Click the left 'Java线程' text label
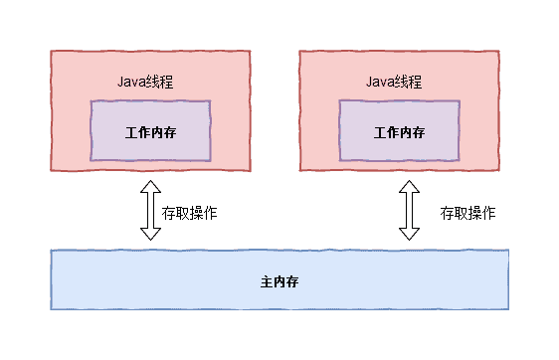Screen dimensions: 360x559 click(149, 81)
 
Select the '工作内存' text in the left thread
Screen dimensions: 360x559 click(151, 132)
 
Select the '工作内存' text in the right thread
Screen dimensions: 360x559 click(399, 132)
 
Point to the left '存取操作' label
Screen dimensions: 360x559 click(190, 213)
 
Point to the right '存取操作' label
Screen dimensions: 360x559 click(468, 213)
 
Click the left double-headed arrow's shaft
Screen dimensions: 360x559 click(150, 210)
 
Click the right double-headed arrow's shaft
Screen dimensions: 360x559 click(409, 210)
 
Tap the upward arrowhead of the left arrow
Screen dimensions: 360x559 click(150, 186)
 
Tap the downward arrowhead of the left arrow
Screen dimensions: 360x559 click(150, 233)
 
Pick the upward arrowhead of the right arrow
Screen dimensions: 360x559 click(409, 186)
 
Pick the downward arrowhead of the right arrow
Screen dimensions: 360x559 click(409, 233)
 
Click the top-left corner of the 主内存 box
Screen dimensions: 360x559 click(52, 252)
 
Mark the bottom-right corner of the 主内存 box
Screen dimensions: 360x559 click(507, 308)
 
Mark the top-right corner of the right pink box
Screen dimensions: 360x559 click(497, 52)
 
